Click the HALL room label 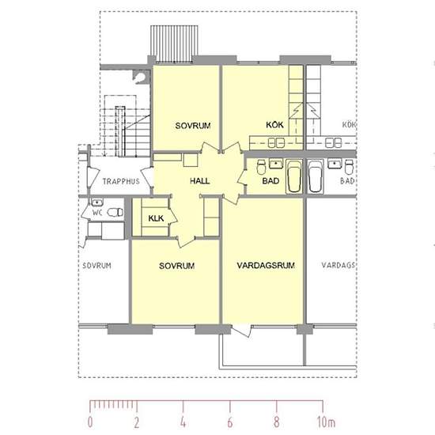pyautogui.click(x=200, y=181)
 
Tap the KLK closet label pyautogui.click(x=156, y=218)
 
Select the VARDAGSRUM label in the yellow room pyautogui.click(x=266, y=265)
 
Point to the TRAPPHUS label pyautogui.click(x=121, y=181)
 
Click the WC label pyautogui.click(x=97, y=213)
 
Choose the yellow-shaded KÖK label pyautogui.click(x=274, y=124)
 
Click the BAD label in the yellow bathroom pyautogui.click(x=270, y=181)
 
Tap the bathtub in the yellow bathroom pyautogui.click(x=294, y=176)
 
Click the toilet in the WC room pyautogui.click(x=115, y=213)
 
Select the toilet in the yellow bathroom pyautogui.click(x=261, y=167)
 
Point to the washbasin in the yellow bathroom pyautogui.click(x=276, y=164)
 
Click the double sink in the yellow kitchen pyautogui.click(x=276, y=143)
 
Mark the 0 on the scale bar pyautogui.click(x=90, y=422)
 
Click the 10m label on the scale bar pyautogui.click(x=326, y=422)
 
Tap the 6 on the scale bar pyautogui.click(x=230, y=422)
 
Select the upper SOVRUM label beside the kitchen pyautogui.click(x=193, y=126)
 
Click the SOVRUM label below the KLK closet pyautogui.click(x=176, y=266)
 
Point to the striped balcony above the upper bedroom pyautogui.click(x=174, y=43)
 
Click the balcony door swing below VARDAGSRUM pyautogui.click(x=242, y=331)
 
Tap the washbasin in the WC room pyautogui.click(x=96, y=202)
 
